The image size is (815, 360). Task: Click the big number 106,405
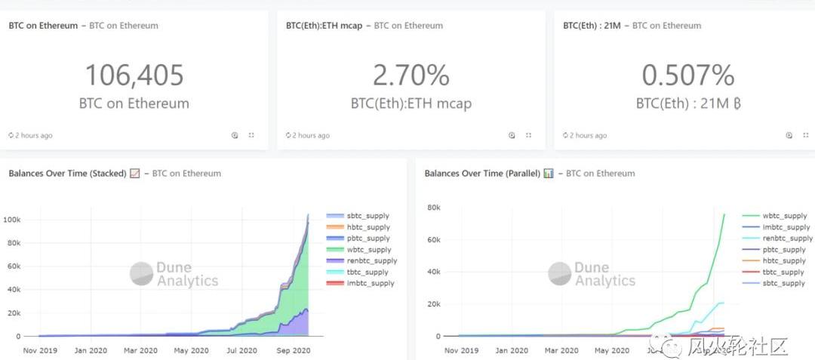134,75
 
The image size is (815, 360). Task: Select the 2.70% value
411,75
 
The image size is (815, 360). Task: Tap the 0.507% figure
687,75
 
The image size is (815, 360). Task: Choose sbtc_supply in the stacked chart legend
367,216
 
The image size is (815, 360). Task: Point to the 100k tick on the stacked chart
21,220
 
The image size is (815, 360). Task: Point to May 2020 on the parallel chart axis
610,351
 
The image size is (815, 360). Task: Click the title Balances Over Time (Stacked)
67,174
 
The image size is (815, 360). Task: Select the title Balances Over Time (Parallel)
482,174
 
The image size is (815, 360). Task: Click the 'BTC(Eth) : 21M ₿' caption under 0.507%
687,103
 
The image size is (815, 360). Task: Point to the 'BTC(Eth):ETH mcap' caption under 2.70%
411,103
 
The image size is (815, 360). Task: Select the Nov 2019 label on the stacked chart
41,351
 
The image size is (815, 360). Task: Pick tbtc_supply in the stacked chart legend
367,272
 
